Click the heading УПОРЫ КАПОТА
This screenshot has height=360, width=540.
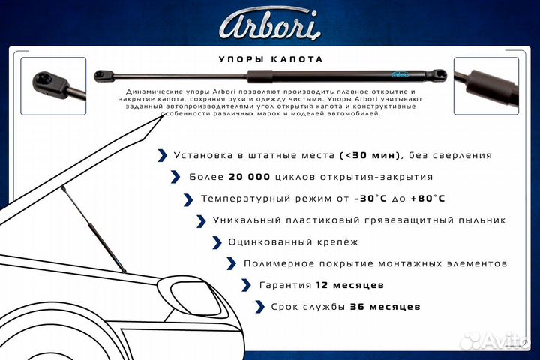pos(269,59)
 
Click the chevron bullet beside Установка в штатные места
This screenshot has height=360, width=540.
pos(162,156)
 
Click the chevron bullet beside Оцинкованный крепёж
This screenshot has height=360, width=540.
pos(216,242)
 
